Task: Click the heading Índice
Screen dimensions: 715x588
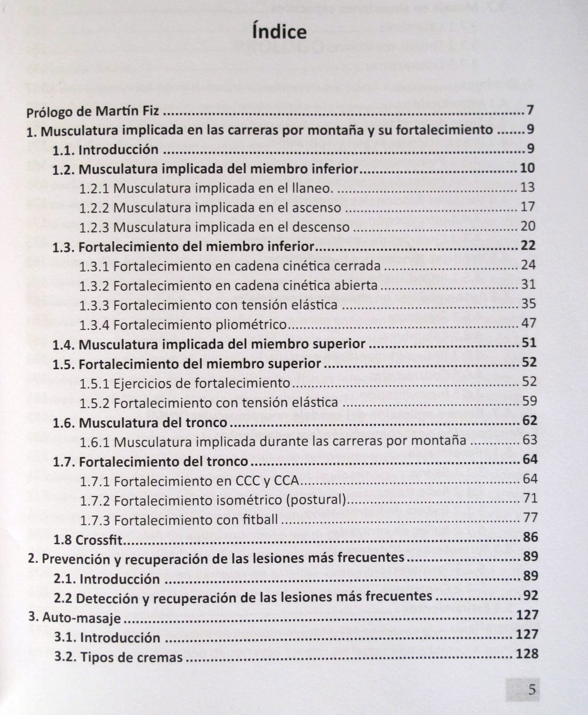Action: point(279,32)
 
